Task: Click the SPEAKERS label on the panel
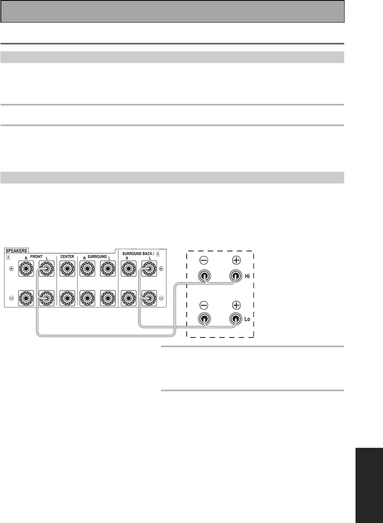click(x=16, y=251)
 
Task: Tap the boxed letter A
click(x=8, y=257)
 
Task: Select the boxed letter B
click(x=158, y=254)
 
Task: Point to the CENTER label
click(x=67, y=257)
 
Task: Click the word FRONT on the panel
click(x=36, y=257)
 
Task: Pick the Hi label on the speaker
click(x=247, y=276)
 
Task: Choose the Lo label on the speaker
click(x=247, y=319)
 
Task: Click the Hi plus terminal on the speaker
click(x=236, y=276)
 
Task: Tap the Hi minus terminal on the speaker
click(x=204, y=276)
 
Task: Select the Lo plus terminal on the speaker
click(x=236, y=319)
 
